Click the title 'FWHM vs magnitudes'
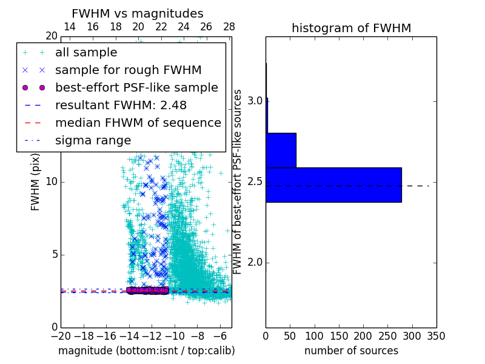138,13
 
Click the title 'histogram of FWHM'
351,28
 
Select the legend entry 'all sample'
86,53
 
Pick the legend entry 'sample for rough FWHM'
128,70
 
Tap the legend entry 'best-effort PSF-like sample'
136,87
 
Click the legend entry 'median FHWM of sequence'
138,123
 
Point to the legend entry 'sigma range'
93,140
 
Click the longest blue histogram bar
333,184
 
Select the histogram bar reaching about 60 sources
281,150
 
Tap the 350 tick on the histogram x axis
436,335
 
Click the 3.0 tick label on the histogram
254,101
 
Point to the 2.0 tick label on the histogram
254,262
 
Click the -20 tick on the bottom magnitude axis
61,335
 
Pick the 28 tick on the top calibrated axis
229,27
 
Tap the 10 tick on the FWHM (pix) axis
52,181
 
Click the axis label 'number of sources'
351,351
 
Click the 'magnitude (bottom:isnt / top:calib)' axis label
146,351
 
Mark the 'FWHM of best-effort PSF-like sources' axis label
238,181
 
